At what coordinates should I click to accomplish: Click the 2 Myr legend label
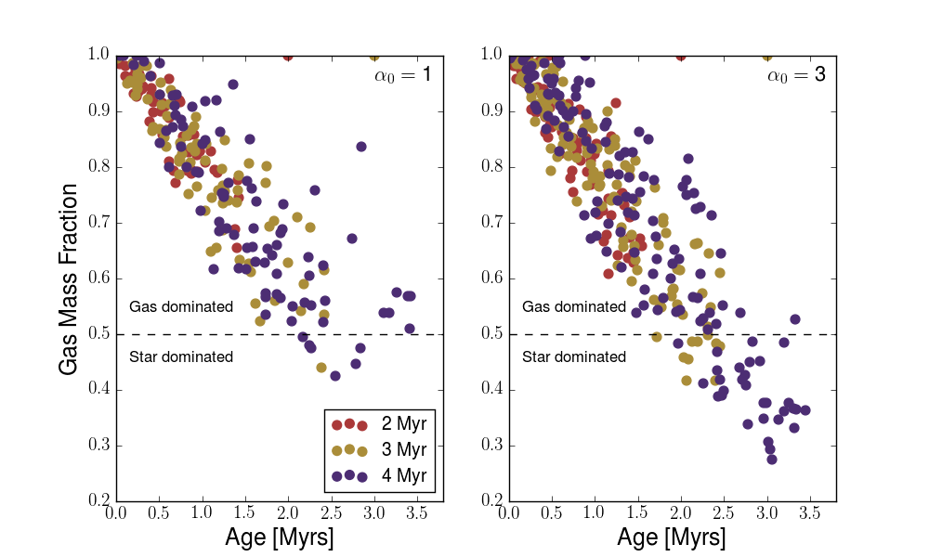403,424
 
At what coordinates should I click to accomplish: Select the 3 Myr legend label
403,450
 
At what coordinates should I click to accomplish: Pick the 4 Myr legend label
403,476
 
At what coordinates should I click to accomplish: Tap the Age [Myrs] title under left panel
280,538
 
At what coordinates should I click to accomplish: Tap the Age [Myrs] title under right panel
673,538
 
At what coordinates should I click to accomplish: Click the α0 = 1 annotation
395,74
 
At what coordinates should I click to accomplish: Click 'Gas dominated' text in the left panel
181,306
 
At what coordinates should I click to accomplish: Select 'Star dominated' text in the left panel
181,356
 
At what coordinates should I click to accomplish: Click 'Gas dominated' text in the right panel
574,306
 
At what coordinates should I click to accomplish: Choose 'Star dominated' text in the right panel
574,356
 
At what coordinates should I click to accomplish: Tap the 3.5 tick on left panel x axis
416,512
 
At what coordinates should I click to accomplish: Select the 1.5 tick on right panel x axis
637,512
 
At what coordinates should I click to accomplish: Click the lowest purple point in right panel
772,459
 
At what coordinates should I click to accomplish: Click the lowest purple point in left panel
335,376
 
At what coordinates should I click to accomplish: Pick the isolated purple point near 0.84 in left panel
361,147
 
